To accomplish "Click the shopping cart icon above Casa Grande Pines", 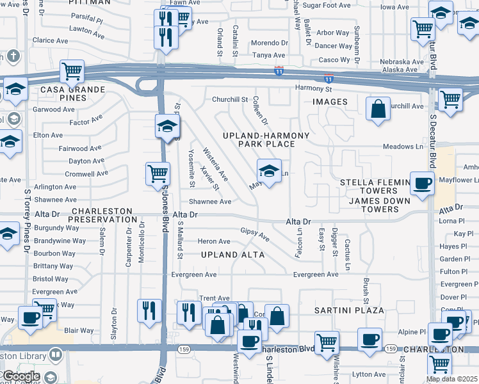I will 72,71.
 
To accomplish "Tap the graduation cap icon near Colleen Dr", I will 270,171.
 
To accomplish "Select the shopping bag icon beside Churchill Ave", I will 378,108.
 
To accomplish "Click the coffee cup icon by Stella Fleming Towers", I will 422,183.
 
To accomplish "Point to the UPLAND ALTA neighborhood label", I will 229,254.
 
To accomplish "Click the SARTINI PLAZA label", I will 348,310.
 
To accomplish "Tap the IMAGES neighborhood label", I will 330,102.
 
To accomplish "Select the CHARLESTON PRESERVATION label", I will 102,215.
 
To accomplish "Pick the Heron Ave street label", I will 214,241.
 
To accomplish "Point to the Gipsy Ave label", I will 255,234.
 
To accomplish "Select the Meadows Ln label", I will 403,147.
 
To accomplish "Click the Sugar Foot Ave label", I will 327,5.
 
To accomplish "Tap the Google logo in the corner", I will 20,376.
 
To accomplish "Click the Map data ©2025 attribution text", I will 451,379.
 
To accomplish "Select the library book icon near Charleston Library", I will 56,354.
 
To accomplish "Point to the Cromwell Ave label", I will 87,173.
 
